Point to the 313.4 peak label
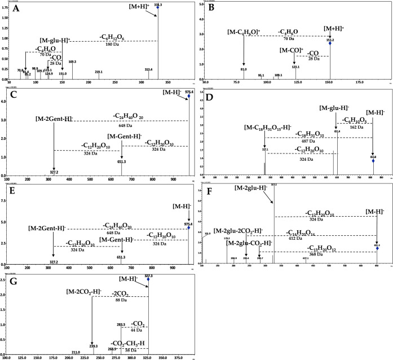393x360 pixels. click(149, 69)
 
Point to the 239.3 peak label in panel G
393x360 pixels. click(94, 346)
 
